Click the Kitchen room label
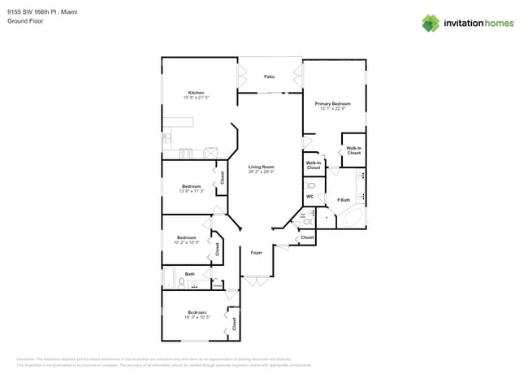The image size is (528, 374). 196,92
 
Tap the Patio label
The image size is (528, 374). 269,76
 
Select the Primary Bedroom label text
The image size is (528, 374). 333,103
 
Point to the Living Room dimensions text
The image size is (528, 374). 262,172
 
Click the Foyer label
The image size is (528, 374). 256,253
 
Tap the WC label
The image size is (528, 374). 310,197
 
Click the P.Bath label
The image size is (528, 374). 344,200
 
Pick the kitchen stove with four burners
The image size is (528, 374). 185,152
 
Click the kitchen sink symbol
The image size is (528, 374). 167,139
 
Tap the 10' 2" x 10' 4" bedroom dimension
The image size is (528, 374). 186,242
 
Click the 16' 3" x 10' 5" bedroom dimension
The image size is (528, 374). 196,317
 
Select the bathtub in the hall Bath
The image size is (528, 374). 169,280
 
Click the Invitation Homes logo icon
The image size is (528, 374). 430,23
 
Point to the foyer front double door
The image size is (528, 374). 256,281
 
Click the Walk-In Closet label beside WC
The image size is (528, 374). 313,164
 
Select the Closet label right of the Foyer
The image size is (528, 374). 307,237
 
